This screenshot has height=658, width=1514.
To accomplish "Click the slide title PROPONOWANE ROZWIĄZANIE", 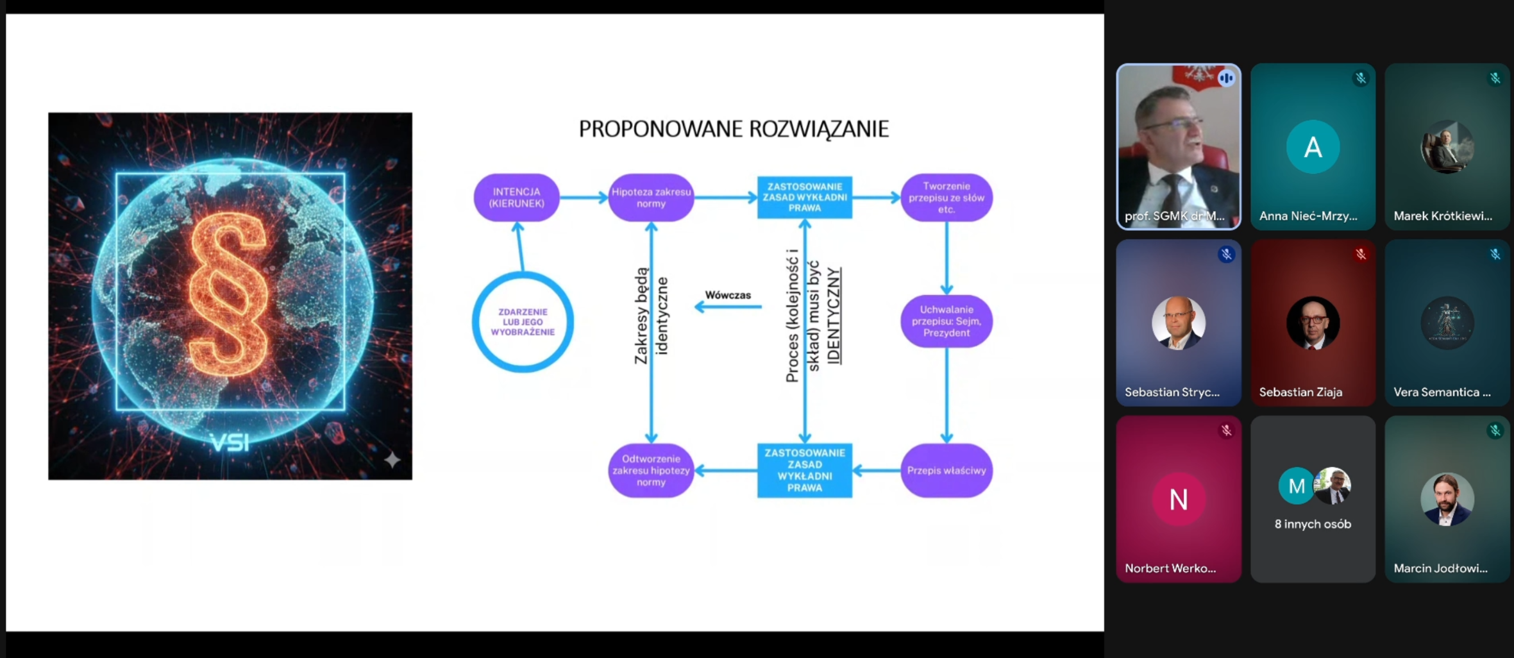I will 734,129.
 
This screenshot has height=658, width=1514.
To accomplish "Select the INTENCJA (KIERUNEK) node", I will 516,198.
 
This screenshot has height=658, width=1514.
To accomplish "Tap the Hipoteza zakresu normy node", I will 651,198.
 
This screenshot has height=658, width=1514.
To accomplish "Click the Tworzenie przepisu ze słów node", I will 946,198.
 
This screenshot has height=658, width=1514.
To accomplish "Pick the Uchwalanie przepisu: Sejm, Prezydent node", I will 946,321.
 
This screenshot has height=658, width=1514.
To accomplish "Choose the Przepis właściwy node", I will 946,471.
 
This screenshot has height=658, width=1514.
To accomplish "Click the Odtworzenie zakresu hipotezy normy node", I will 651,471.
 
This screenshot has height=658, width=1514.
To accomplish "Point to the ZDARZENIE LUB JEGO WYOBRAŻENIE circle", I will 523,322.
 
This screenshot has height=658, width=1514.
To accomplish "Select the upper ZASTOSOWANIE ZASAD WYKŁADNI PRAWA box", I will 805,198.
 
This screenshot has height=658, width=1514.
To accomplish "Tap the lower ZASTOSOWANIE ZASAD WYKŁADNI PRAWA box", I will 805,471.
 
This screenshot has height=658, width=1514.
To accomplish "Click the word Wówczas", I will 728,295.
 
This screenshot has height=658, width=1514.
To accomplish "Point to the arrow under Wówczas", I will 728,307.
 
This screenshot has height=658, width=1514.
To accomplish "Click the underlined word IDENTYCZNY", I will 834,316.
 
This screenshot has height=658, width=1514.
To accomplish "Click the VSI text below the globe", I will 230,443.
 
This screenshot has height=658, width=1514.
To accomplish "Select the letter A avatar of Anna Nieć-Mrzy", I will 1313,147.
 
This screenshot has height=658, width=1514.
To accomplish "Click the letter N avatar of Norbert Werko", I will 1179,499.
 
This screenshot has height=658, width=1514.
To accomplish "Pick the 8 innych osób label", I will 1313,524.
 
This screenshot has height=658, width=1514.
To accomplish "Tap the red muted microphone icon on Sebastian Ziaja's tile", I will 1361,255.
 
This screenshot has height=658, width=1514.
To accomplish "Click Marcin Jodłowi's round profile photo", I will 1447,499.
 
